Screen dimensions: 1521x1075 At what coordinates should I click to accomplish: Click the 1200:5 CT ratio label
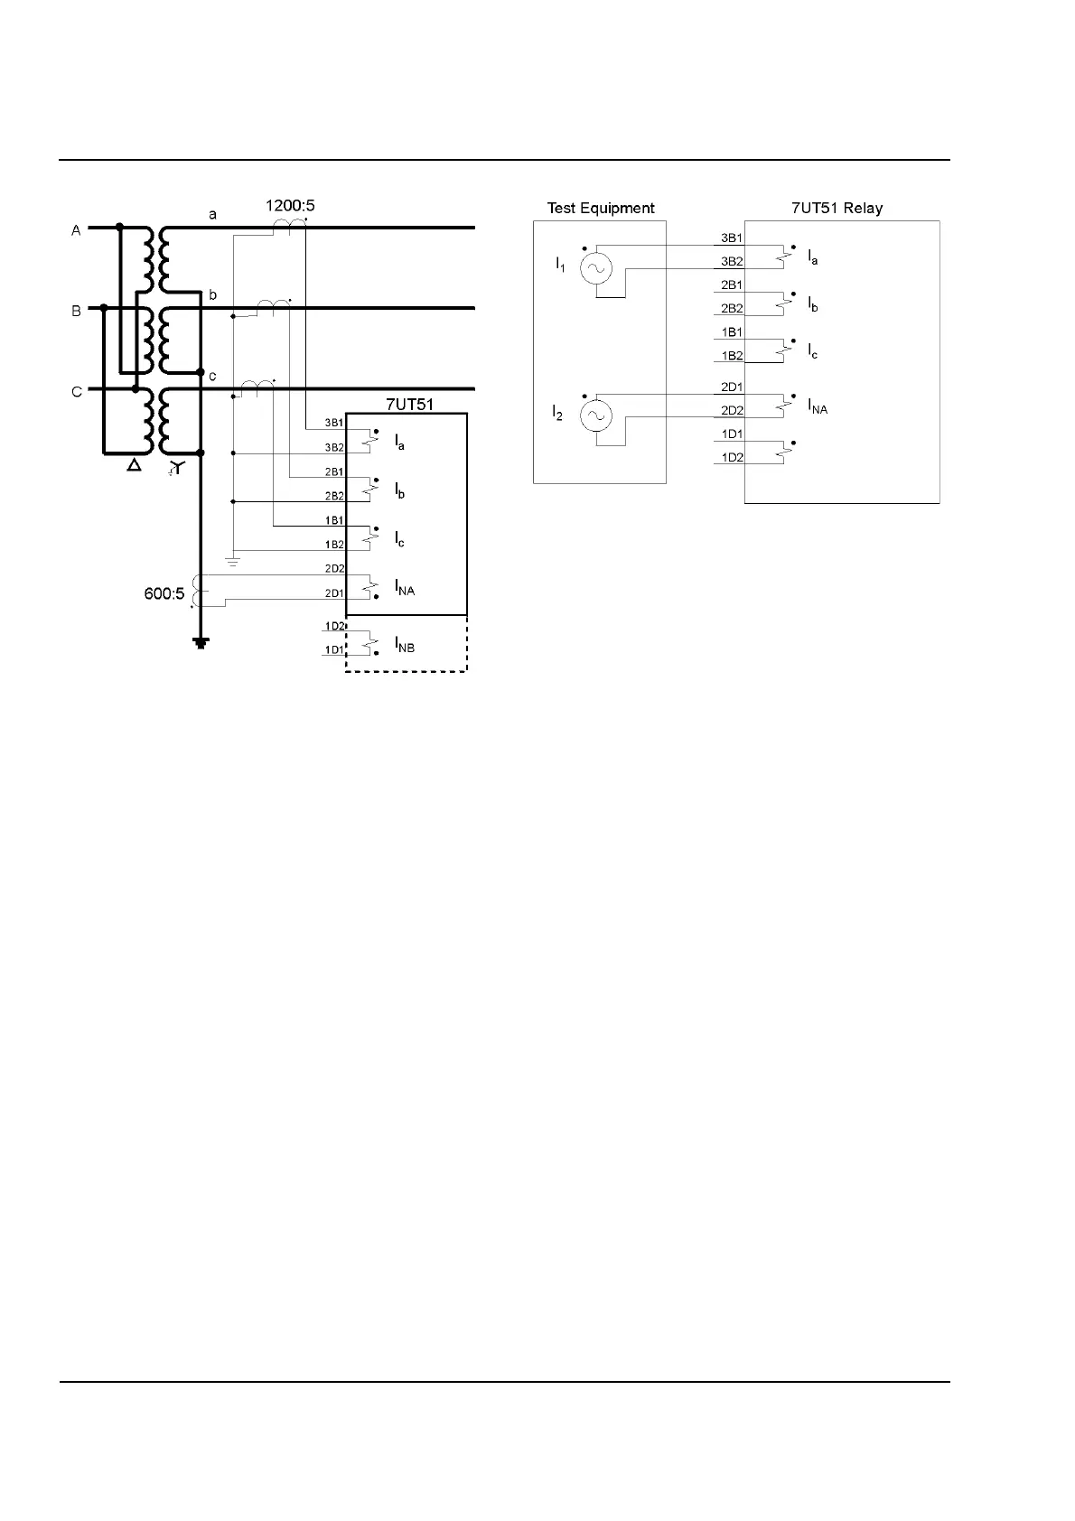tap(289, 206)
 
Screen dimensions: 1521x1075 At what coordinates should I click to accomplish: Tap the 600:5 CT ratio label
tap(164, 593)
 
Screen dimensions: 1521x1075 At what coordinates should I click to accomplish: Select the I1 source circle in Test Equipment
tap(596, 267)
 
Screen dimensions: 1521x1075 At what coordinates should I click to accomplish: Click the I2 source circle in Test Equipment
tap(596, 415)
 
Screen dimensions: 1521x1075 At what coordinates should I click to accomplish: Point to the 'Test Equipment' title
tap(601, 208)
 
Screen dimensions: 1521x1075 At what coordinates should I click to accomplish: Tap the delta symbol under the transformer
tap(134, 467)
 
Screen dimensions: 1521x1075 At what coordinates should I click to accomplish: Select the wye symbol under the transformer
tap(177, 468)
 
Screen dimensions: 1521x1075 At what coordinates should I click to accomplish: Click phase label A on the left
tap(77, 231)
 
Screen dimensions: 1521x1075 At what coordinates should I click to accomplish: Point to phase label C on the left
tap(77, 392)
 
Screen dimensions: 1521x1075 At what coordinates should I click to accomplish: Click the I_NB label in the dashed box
tap(404, 645)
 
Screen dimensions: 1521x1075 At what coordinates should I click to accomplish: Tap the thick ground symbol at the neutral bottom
tap(201, 643)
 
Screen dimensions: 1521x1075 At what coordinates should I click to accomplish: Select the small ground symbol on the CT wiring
tap(233, 563)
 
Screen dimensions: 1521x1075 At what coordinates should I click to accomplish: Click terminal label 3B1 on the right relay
tap(731, 238)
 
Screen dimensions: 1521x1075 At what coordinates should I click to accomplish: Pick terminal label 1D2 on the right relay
tap(731, 458)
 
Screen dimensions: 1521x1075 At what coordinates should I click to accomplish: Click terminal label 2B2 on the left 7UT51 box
tap(334, 496)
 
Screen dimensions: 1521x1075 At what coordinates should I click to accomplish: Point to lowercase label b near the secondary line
tap(213, 295)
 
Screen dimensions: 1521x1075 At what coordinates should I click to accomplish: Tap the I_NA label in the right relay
tap(817, 407)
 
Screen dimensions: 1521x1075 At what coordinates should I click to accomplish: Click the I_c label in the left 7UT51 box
tap(399, 540)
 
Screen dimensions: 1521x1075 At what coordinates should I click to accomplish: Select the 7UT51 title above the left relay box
tap(409, 404)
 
